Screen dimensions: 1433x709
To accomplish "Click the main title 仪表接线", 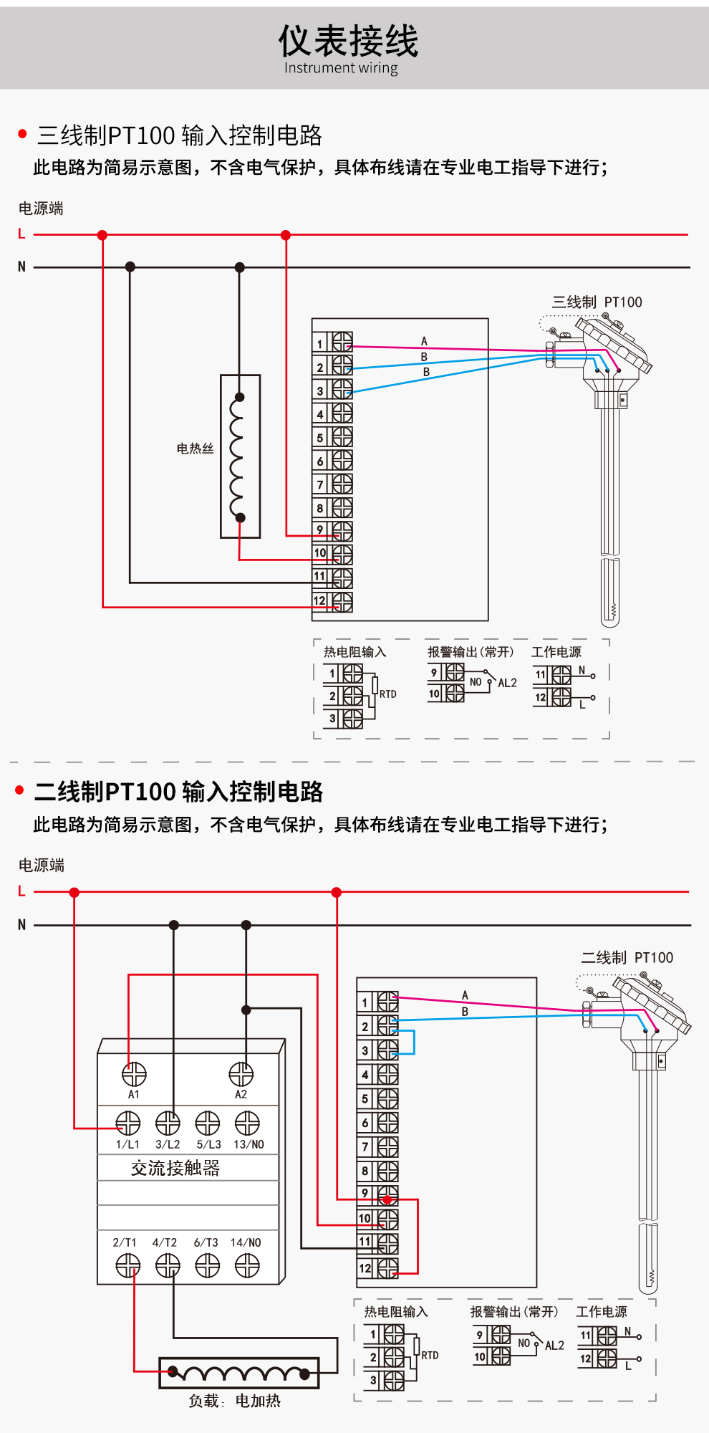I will click(x=348, y=40).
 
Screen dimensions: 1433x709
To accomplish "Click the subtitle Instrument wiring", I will click(x=341, y=68).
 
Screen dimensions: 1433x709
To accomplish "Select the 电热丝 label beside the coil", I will click(x=195, y=449).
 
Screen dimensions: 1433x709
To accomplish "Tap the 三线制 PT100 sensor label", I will click(x=597, y=302).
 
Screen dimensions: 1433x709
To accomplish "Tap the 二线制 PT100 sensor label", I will click(x=627, y=958).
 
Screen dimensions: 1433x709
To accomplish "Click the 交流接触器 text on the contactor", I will click(x=175, y=1169).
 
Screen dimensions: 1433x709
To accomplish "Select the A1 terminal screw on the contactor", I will click(x=134, y=1074).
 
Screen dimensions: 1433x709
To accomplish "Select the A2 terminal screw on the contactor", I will click(x=241, y=1074).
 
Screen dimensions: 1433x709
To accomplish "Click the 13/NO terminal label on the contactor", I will click(x=249, y=1144).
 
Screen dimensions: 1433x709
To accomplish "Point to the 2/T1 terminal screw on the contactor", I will click(x=128, y=1267).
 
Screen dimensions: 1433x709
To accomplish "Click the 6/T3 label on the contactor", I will click(x=206, y=1242).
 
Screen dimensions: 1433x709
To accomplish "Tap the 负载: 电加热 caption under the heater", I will click(x=234, y=1401).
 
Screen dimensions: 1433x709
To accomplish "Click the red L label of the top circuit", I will click(x=21, y=234).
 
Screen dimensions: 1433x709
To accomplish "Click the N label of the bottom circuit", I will click(x=21, y=925).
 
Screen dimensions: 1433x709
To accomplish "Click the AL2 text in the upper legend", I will click(x=507, y=683).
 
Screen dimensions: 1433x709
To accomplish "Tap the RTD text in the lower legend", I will click(x=430, y=1356).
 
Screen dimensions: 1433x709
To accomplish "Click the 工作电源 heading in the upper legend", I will click(x=556, y=652).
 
